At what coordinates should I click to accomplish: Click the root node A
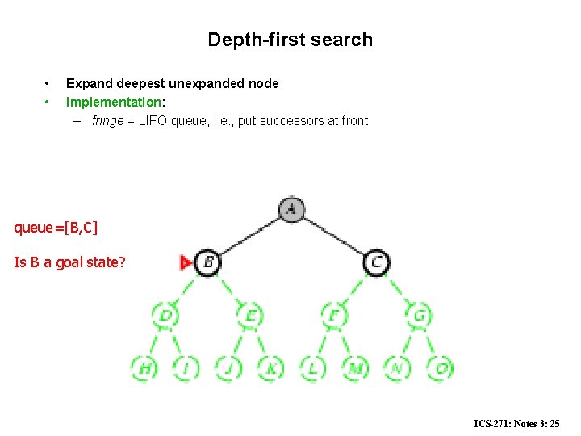pyautogui.click(x=291, y=210)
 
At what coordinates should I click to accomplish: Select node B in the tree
pyautogui.click(x=207, y=262)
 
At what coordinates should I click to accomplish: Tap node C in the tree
pyautogui.click(x=376, y=262)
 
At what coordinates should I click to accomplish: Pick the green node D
pyautogui.click(x=165, y=316)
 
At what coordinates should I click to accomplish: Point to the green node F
pyautogui.click(x=334, y=316)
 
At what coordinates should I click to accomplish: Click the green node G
pyautogui.click(x=419, y=316)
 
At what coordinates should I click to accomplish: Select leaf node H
pyautogui.click(x=144, y=368)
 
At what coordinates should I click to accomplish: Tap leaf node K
pyautogui.click(x=270, y=368)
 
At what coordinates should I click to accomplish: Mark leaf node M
pyautogui.click(x=355, y=368)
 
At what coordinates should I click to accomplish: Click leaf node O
pyautogui.click(x=440, y=368)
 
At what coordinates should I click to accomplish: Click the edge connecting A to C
pyautogui.click(x=334, y=237)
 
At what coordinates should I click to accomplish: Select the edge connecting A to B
pyautogui.click(x=249, y=237)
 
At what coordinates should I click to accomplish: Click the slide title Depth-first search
pyautogui.click(x=290, y=40)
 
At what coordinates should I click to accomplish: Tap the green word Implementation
pyautogui.click(x=114, y=102)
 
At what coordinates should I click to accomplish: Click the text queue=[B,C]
pyautogui.click(x=56, y=227)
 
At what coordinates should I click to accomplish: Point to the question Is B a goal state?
pyautogui.click(x=69, y=262)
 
